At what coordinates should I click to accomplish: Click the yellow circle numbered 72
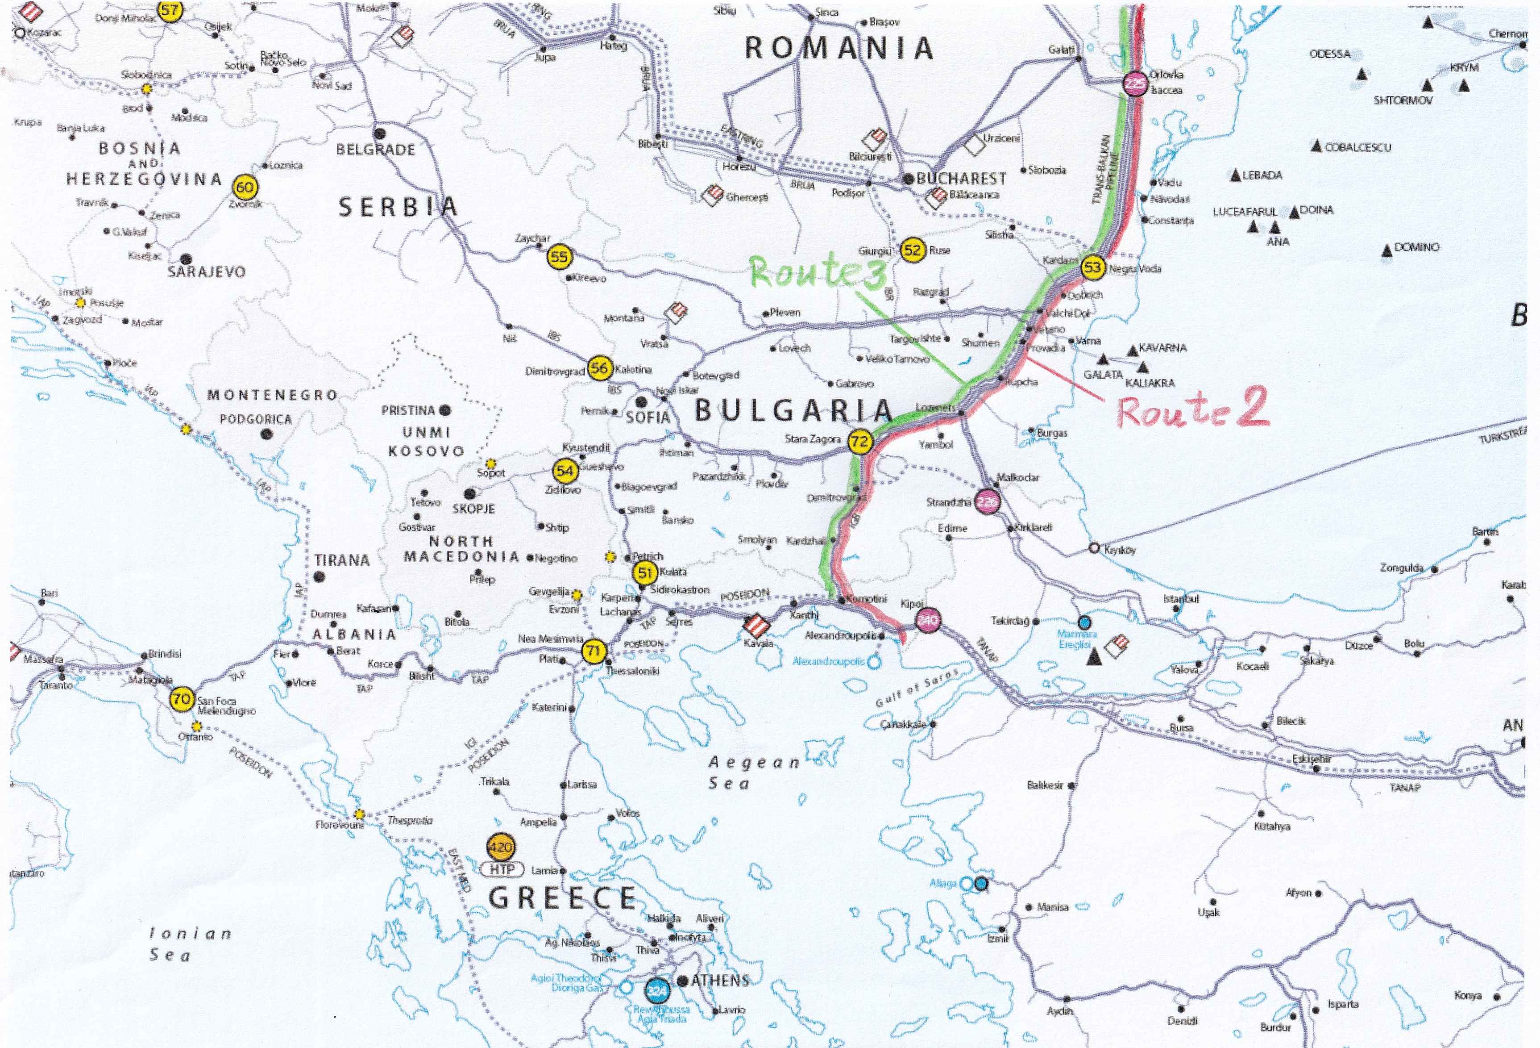(x=859, y=442)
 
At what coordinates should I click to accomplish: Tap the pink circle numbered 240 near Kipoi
(x=927, y=620)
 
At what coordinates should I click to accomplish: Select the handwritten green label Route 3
(x=818, y=272)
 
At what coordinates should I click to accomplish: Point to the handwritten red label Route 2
(x=1193, y=409)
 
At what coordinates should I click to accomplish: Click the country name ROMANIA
(x=839, y=48)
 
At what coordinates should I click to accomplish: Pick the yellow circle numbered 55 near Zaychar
(x=559, y=257)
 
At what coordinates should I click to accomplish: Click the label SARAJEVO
(x=206, y=272)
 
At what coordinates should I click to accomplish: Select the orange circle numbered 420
(x=500, y=847)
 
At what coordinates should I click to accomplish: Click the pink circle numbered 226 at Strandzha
(x=987, y=502)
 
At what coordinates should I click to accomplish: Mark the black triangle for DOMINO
(x=1386, y=251)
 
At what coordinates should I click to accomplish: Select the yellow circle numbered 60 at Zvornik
(x=245, y=187)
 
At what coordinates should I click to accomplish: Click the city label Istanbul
(x=1181, y=599)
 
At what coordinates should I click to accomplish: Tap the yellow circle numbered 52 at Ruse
(x=913, y=250)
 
